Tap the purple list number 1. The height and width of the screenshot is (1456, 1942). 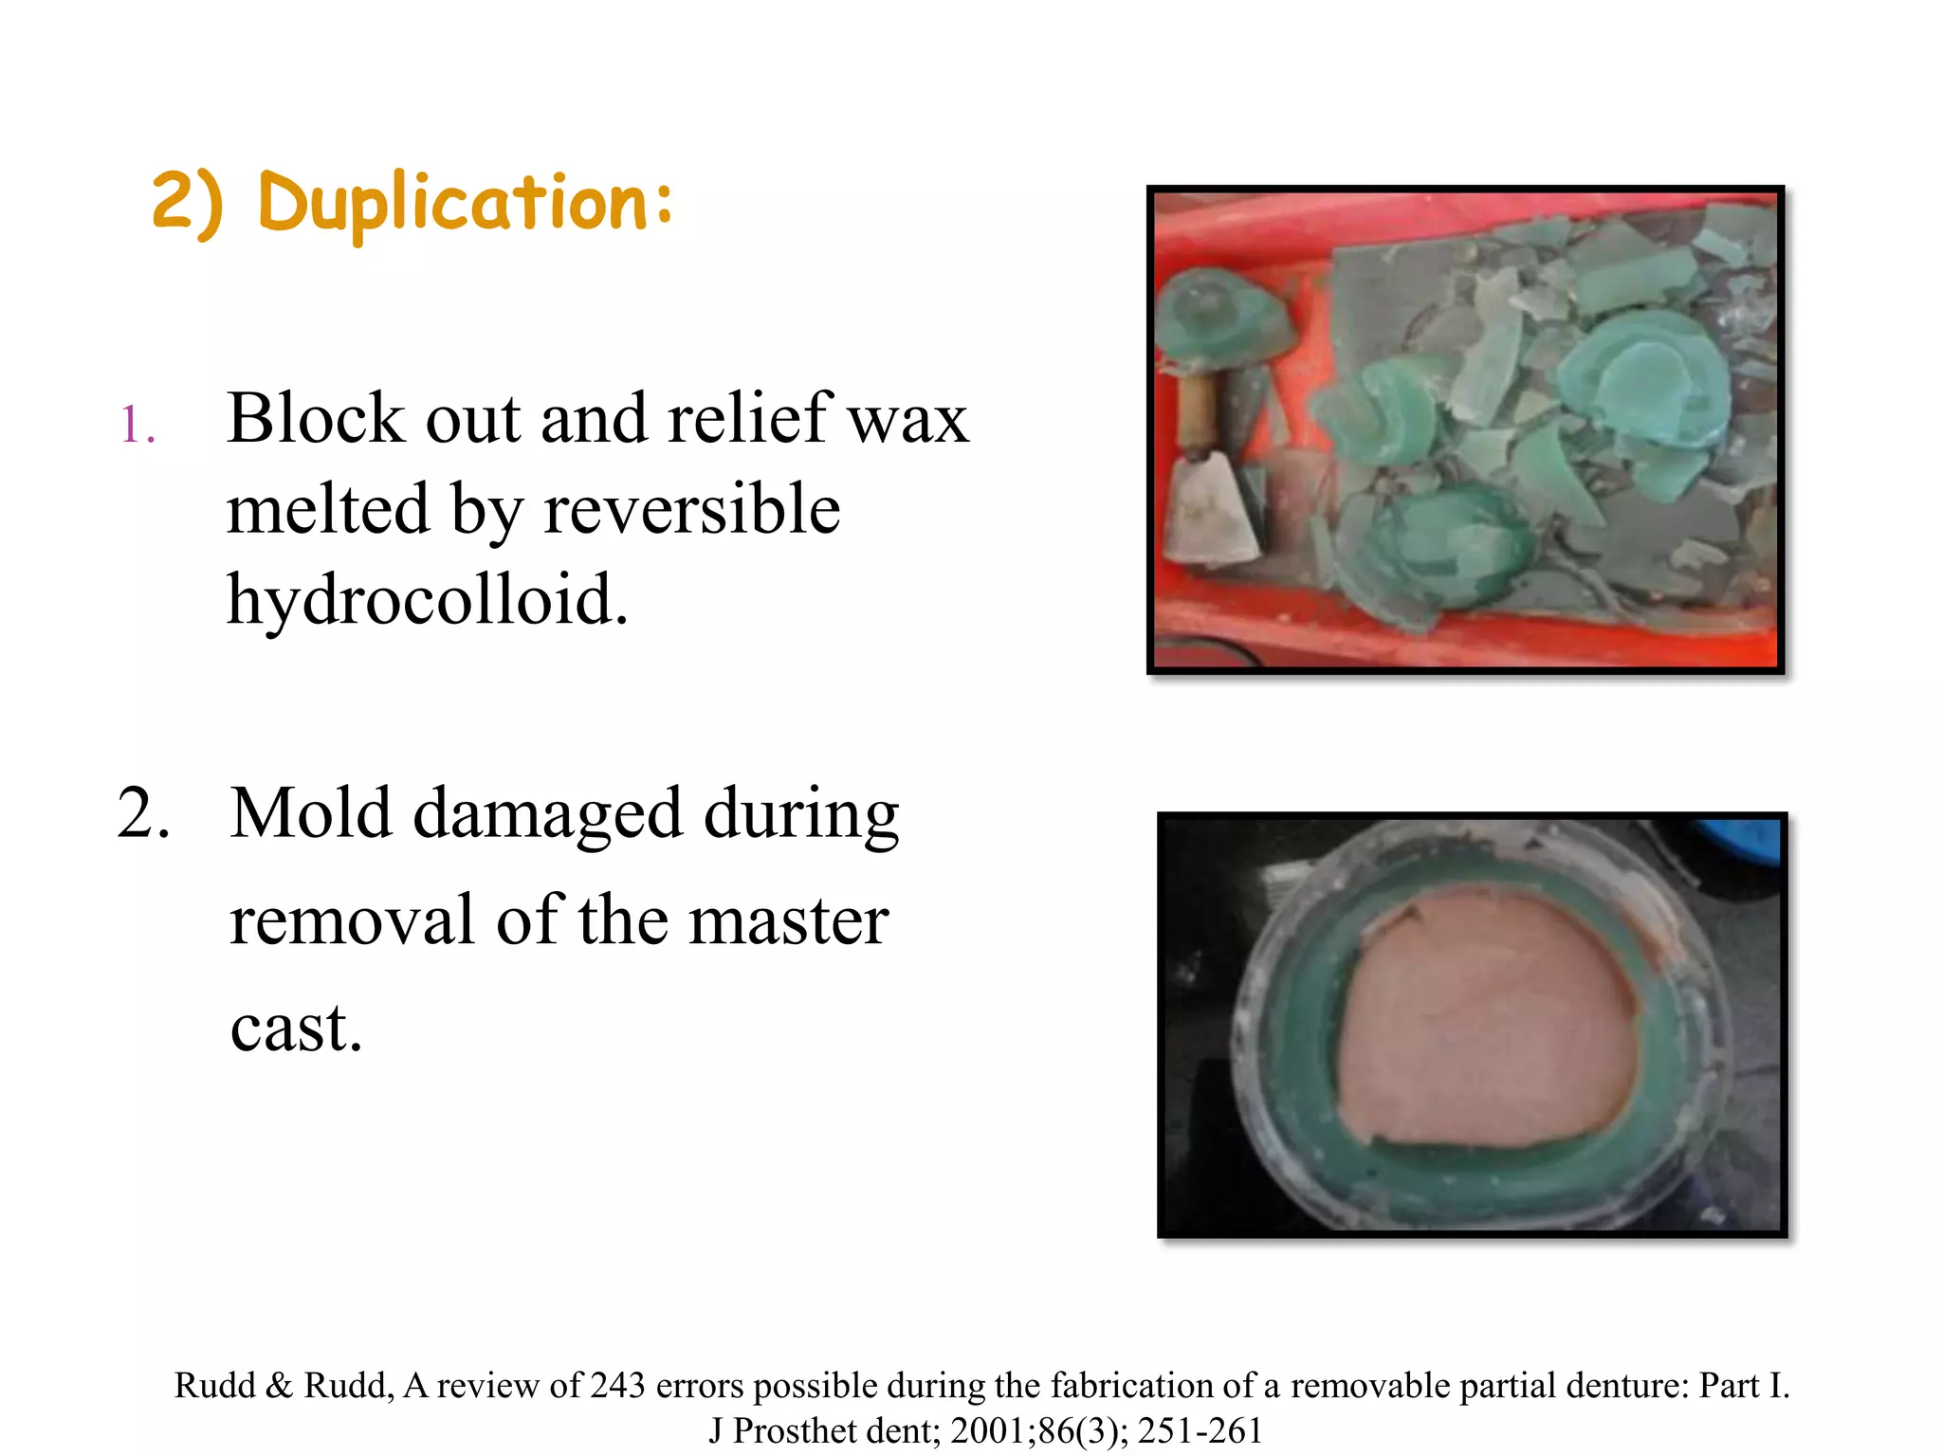point(137,425)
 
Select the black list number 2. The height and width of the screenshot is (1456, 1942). point(143,814)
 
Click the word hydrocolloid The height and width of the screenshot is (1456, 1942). point(428,600)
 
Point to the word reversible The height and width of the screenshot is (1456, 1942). point(692,509)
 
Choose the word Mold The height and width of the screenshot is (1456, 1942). point(311,814)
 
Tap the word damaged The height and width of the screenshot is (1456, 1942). point(548,814)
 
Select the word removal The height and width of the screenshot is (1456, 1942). point(352,920)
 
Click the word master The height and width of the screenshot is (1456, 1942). point(788,920)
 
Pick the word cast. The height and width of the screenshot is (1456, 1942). point(296,1028)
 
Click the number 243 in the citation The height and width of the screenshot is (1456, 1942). point(617,1386)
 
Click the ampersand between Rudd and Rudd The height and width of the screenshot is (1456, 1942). point(279,1386)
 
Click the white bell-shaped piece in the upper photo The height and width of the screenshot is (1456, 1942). point(1209,517)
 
